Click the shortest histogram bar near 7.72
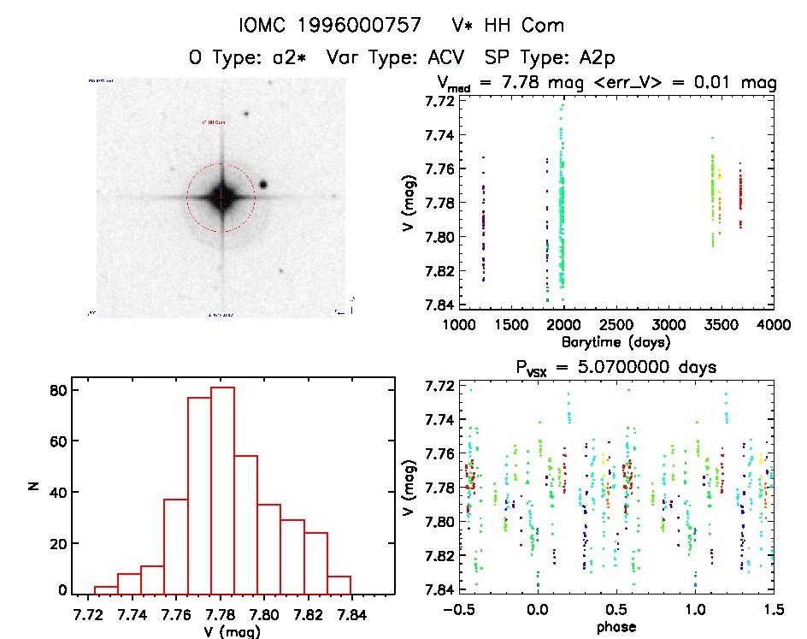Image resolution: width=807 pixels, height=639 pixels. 106,589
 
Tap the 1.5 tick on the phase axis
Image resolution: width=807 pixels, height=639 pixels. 773,612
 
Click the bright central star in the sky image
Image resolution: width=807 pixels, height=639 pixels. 221,198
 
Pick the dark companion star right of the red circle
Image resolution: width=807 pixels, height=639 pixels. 263,184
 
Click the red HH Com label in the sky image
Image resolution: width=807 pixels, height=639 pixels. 214,123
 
